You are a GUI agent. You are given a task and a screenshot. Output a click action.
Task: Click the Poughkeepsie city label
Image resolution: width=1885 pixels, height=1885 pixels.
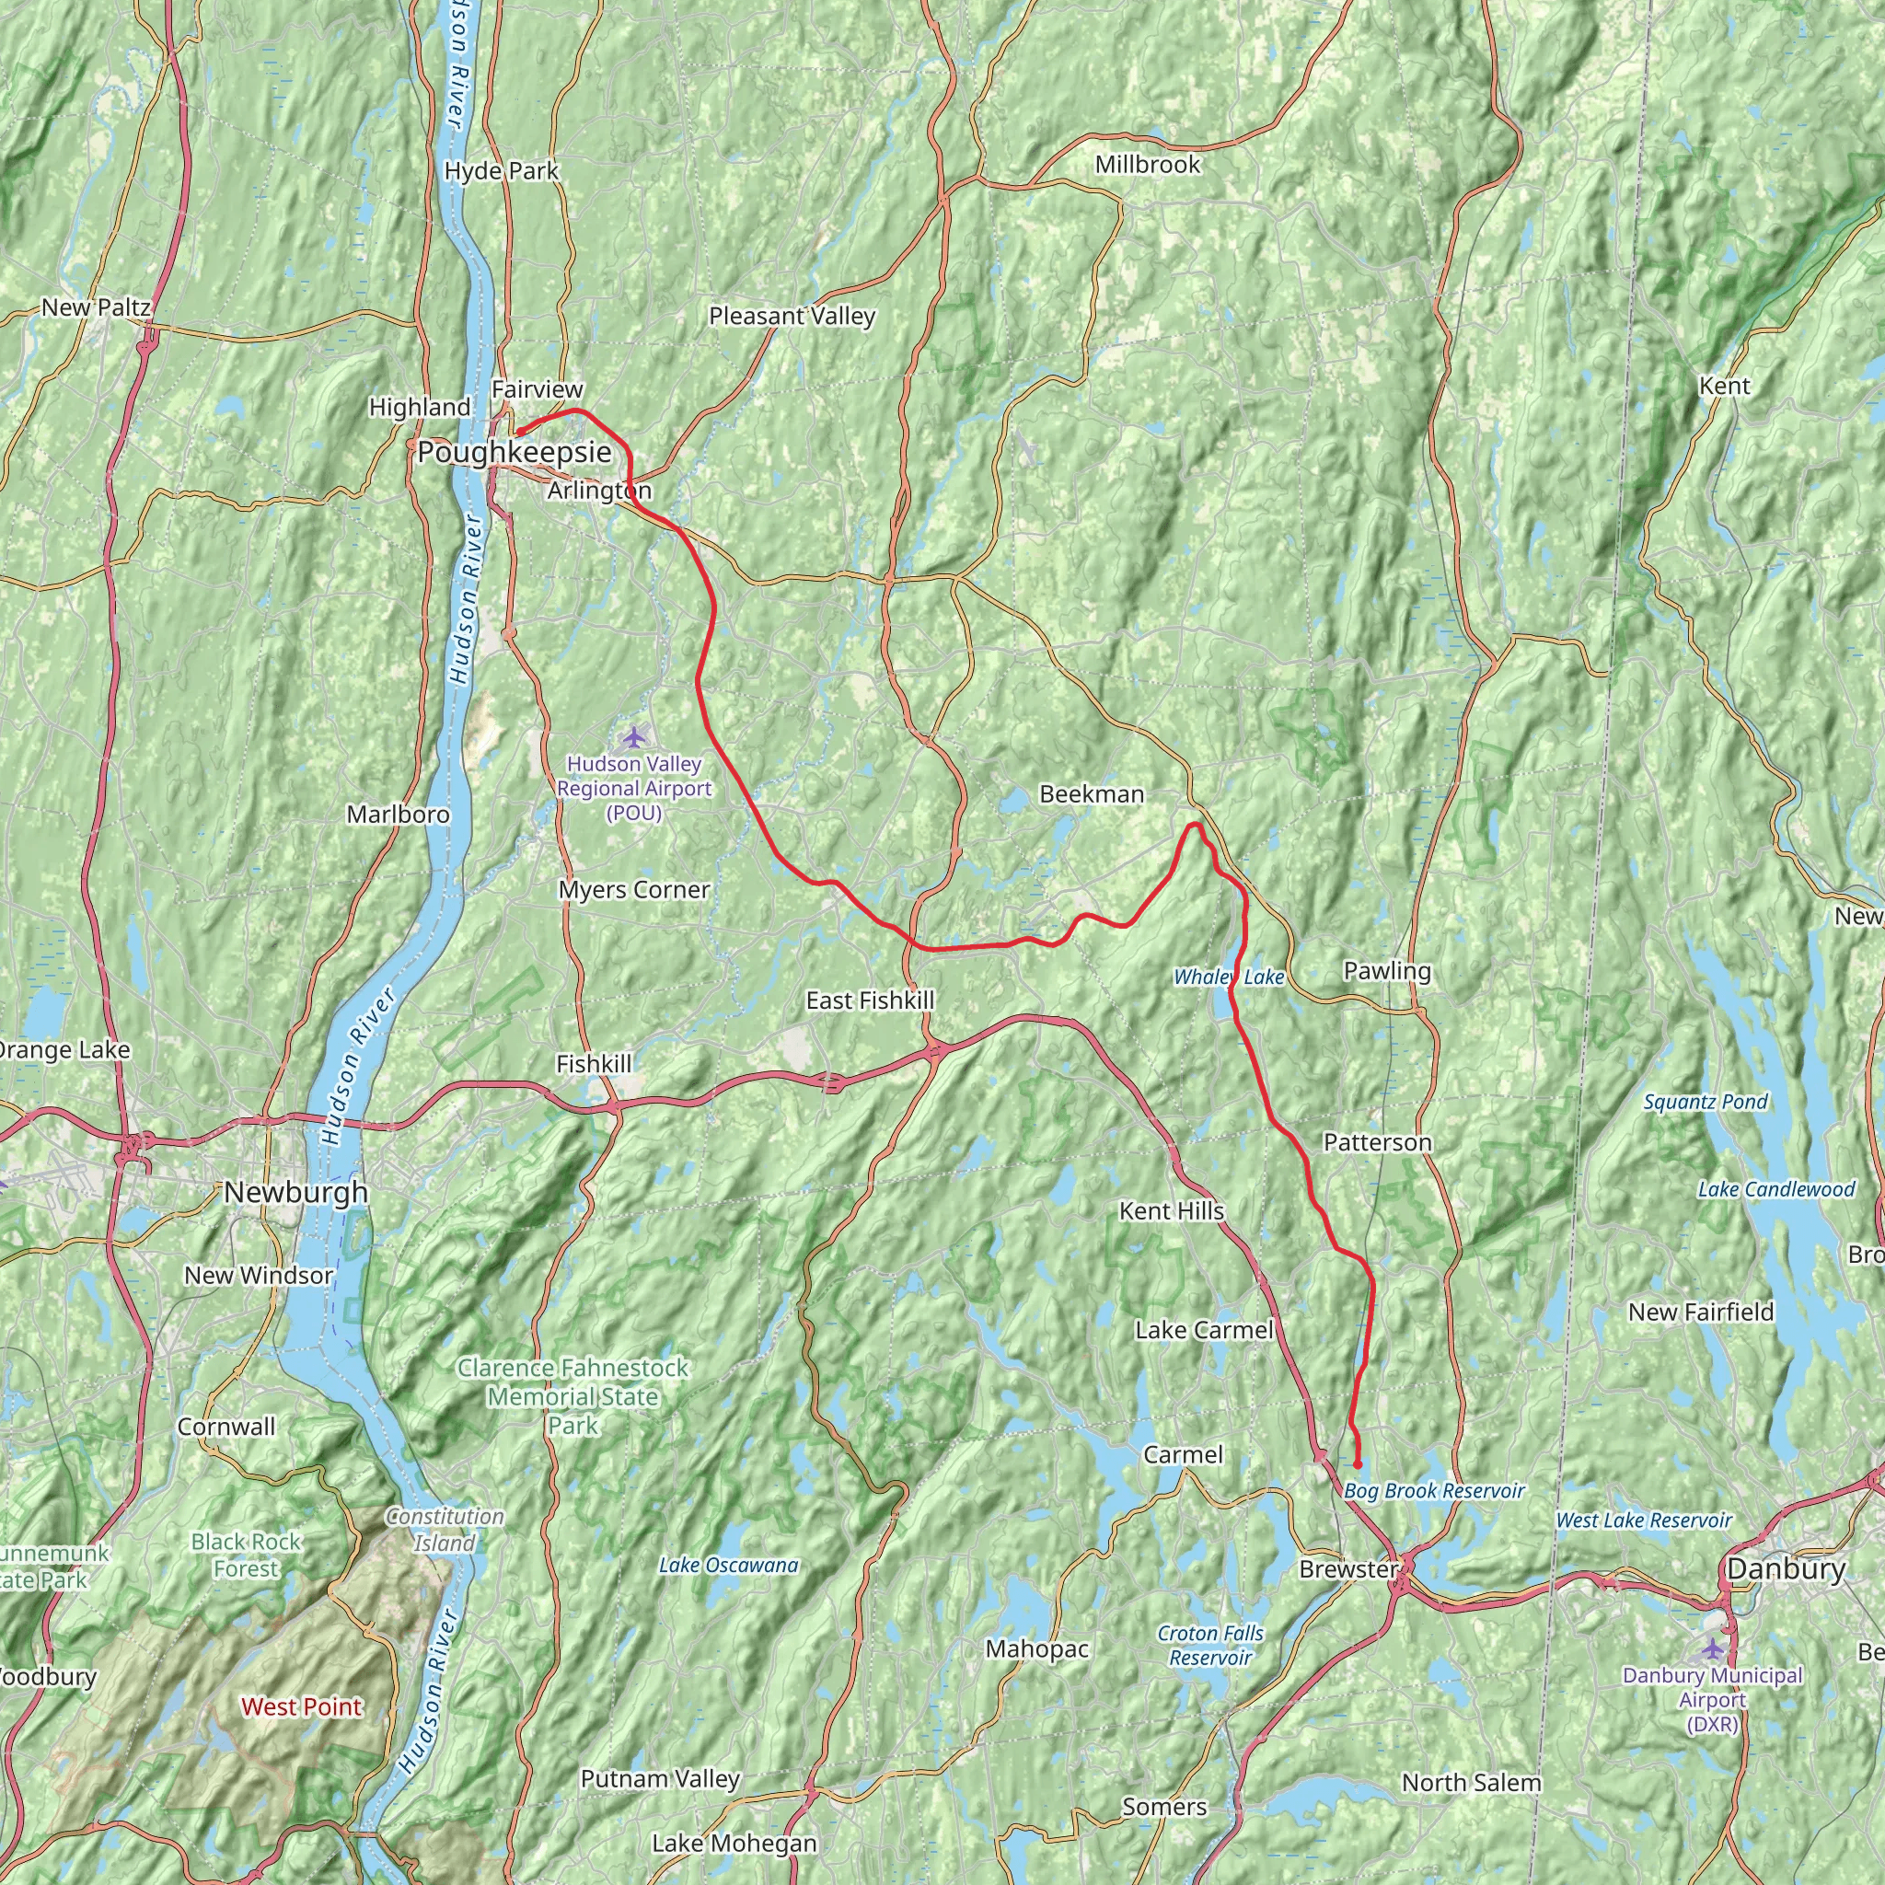(515, 452)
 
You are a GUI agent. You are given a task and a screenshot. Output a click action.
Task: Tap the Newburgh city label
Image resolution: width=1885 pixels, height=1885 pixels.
(295, 1191)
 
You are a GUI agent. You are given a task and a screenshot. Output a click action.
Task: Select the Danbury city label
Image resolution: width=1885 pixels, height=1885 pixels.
(1786, 1569)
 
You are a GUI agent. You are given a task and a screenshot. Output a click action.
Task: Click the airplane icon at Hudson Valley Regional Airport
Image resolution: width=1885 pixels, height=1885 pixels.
(635, 734)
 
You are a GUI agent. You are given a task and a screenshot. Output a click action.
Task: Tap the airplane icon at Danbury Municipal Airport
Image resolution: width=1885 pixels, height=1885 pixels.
(1712, 1648)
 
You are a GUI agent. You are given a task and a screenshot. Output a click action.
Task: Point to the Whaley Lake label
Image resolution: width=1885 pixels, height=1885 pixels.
(1229, 977)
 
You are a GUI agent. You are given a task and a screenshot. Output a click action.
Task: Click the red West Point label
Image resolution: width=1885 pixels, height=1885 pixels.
(302, 1706)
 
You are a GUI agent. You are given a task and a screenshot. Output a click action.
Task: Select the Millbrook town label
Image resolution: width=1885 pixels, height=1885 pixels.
(1148, 164)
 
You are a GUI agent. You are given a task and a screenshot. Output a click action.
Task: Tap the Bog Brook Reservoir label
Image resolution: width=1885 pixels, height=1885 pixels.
(1433, 1491)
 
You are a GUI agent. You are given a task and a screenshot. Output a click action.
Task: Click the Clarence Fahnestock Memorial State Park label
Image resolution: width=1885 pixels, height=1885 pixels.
(572, 1396)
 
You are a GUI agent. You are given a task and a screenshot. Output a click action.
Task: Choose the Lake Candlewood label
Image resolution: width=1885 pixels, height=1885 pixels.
(1775, 1188)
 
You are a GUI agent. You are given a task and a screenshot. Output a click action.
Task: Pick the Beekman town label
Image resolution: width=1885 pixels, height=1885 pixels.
(1091, 794)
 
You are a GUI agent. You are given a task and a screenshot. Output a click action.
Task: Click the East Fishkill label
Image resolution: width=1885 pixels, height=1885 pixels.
(869, 1000)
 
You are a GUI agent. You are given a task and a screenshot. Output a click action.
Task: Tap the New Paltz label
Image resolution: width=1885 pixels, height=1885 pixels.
(96, 307)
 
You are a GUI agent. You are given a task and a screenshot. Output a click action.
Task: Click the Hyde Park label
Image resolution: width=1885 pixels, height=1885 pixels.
(501, 171)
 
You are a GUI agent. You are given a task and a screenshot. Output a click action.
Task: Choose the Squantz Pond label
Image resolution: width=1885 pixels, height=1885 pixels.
(1705, 1102)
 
